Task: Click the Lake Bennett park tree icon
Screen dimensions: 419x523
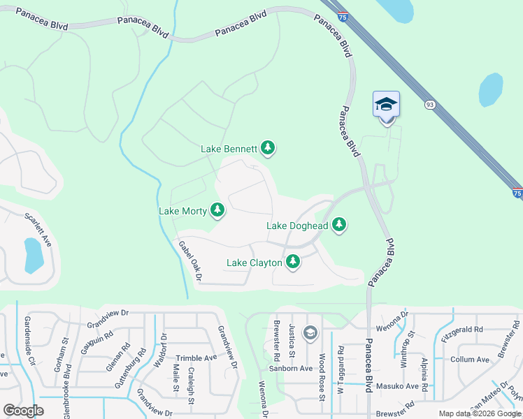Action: (x=267, y=148)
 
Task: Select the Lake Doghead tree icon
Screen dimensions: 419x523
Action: (x=339, y=225)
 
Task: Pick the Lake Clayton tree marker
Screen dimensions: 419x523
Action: (x=293, y=263)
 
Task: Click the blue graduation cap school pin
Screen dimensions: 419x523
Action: (x=386, y=105)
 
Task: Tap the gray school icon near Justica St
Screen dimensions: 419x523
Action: (x=310, y=333)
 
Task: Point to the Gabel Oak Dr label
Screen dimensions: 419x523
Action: (x=189, y=261)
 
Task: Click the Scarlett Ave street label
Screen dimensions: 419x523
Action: (x=38, y=229)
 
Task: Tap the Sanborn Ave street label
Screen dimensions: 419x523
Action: (x=292, y=368)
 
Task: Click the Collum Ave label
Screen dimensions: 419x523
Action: (x=471, y=360)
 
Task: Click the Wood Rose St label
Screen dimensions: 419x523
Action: (x=322, y=377)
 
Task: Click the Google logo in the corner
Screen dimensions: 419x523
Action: (x=23, y=411)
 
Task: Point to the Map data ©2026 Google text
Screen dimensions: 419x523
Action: (x=480, y=413)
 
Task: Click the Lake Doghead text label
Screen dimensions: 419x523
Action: (x=297, y=226)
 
